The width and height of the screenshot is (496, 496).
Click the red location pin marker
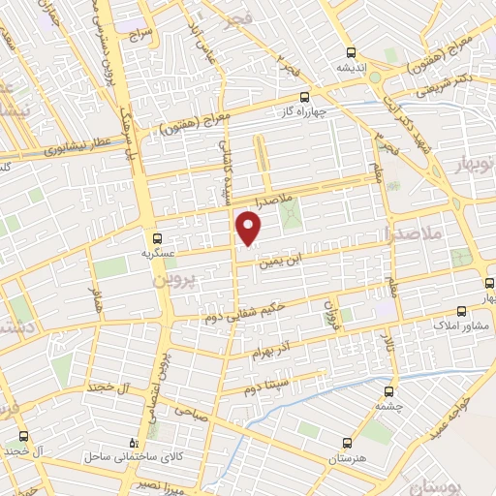coord(250,230)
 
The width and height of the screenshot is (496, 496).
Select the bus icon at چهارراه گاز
coord(305,96)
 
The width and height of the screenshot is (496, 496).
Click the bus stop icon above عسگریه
coord(157,237)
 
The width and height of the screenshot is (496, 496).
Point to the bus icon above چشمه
coord(388,391)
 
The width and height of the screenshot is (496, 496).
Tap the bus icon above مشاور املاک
coord(461,311)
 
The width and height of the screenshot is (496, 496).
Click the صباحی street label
coord(189,411)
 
